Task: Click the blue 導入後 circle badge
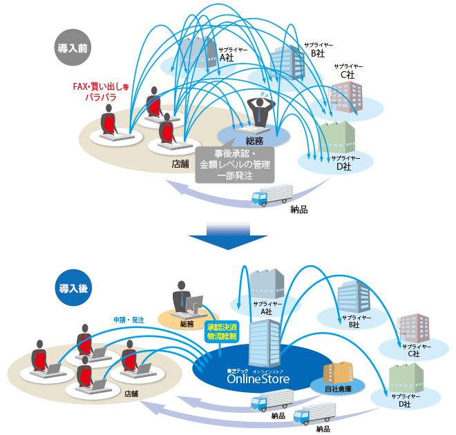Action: tap(72, 285)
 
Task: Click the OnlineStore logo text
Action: tap(253, 378)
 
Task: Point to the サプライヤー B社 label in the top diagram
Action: tap(317, 49)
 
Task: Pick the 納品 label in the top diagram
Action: tap(299, 209)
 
